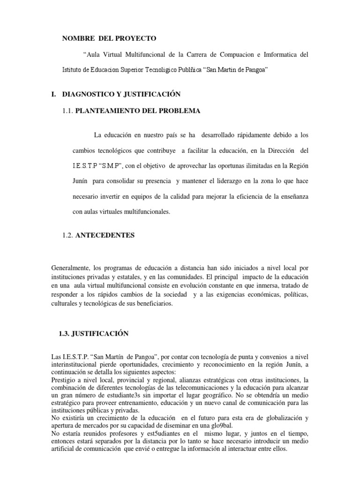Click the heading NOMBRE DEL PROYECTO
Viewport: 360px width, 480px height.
(110, 38)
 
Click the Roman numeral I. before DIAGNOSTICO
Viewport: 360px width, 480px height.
(54, 94)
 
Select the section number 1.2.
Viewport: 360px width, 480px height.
(67, 235)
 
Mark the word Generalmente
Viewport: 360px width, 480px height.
(70, 269)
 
